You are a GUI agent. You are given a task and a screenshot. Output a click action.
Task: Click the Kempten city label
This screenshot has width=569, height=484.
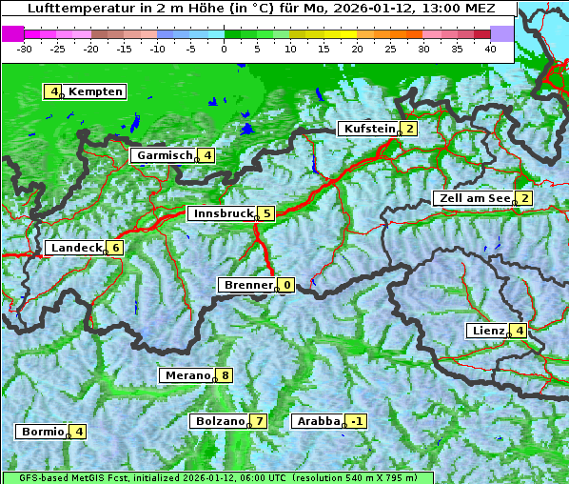[x=95, y=91]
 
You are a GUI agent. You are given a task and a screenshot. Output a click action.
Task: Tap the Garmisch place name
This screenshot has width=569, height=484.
[x=165, y=155]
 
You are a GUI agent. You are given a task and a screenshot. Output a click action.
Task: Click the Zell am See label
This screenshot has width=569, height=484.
[x=473, y=198]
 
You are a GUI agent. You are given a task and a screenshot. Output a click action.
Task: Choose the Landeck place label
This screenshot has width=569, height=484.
[x=75, y=248]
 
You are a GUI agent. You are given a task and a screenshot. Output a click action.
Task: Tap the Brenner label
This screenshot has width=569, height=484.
[x=247, y=285]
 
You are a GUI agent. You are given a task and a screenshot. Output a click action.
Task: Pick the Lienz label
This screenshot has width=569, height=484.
[x=486, y=331]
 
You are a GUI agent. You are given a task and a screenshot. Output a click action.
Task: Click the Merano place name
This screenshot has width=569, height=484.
[x=186, y=375]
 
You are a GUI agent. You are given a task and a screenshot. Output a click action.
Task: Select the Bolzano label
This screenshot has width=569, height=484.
[x=220, y=421]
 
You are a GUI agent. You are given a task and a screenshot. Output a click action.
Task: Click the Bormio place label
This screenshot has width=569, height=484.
[x=42, y=432]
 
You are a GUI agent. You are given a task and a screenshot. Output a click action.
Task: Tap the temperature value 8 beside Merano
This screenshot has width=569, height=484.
[x=224, y=375]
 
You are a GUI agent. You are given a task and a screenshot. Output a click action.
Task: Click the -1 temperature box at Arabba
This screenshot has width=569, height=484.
[x=356, y=421]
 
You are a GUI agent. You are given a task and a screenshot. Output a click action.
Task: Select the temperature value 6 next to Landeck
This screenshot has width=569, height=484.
[x=114, y=248]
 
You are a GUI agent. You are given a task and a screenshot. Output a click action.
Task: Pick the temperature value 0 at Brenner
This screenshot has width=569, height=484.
[x=285, y=285]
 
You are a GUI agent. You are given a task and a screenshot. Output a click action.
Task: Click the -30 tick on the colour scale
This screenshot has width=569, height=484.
[x=25, y=48]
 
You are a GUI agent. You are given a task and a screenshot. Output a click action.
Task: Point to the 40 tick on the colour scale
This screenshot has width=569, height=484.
[x=490, y=48]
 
